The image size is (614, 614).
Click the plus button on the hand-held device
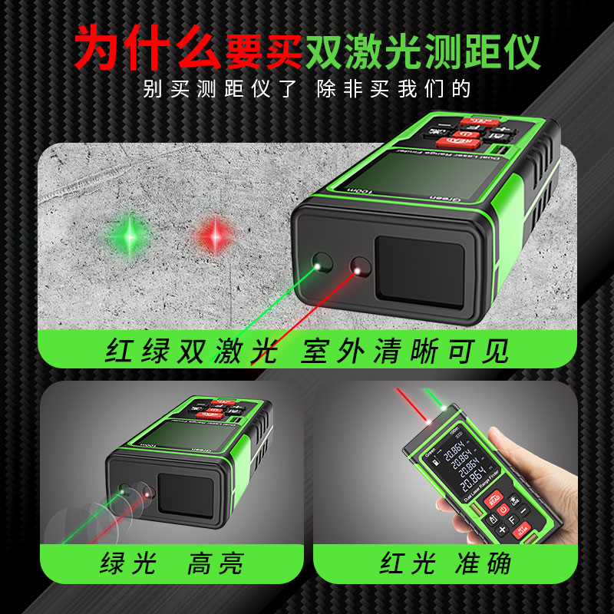pos(502,530)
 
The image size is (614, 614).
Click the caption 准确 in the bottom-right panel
pos(487,564)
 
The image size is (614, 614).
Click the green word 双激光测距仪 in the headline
pos(422,51)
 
